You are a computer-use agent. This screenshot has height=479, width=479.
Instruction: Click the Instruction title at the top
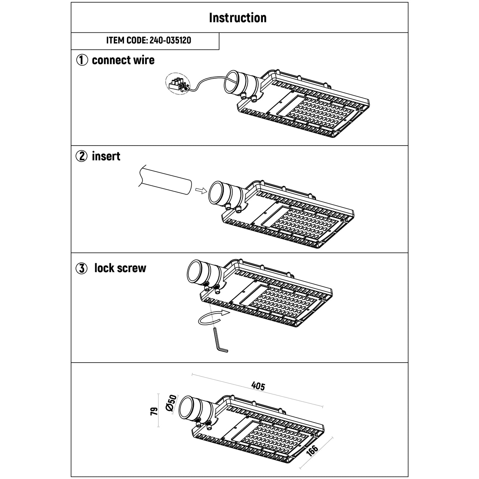coord(238,18)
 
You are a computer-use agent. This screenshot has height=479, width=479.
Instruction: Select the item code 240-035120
coord(149,41)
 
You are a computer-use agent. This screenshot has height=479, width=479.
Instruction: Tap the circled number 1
coord(82,60)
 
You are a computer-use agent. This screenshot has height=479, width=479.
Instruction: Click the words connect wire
coord(123,60)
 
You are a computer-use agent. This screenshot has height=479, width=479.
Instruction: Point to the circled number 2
coord(82,156)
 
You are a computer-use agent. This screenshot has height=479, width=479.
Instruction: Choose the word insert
coord(106,156)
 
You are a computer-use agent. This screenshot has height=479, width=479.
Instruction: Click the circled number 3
coord(82,269)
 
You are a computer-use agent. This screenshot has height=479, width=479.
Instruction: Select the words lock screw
coord(120,268)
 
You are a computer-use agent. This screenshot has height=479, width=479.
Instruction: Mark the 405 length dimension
coord(258,386)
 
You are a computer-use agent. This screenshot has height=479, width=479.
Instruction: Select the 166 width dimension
coord(312,451)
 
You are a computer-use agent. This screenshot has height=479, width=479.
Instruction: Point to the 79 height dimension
coord(153,411)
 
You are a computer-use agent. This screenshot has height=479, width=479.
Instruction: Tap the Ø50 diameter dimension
coord(172,403)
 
